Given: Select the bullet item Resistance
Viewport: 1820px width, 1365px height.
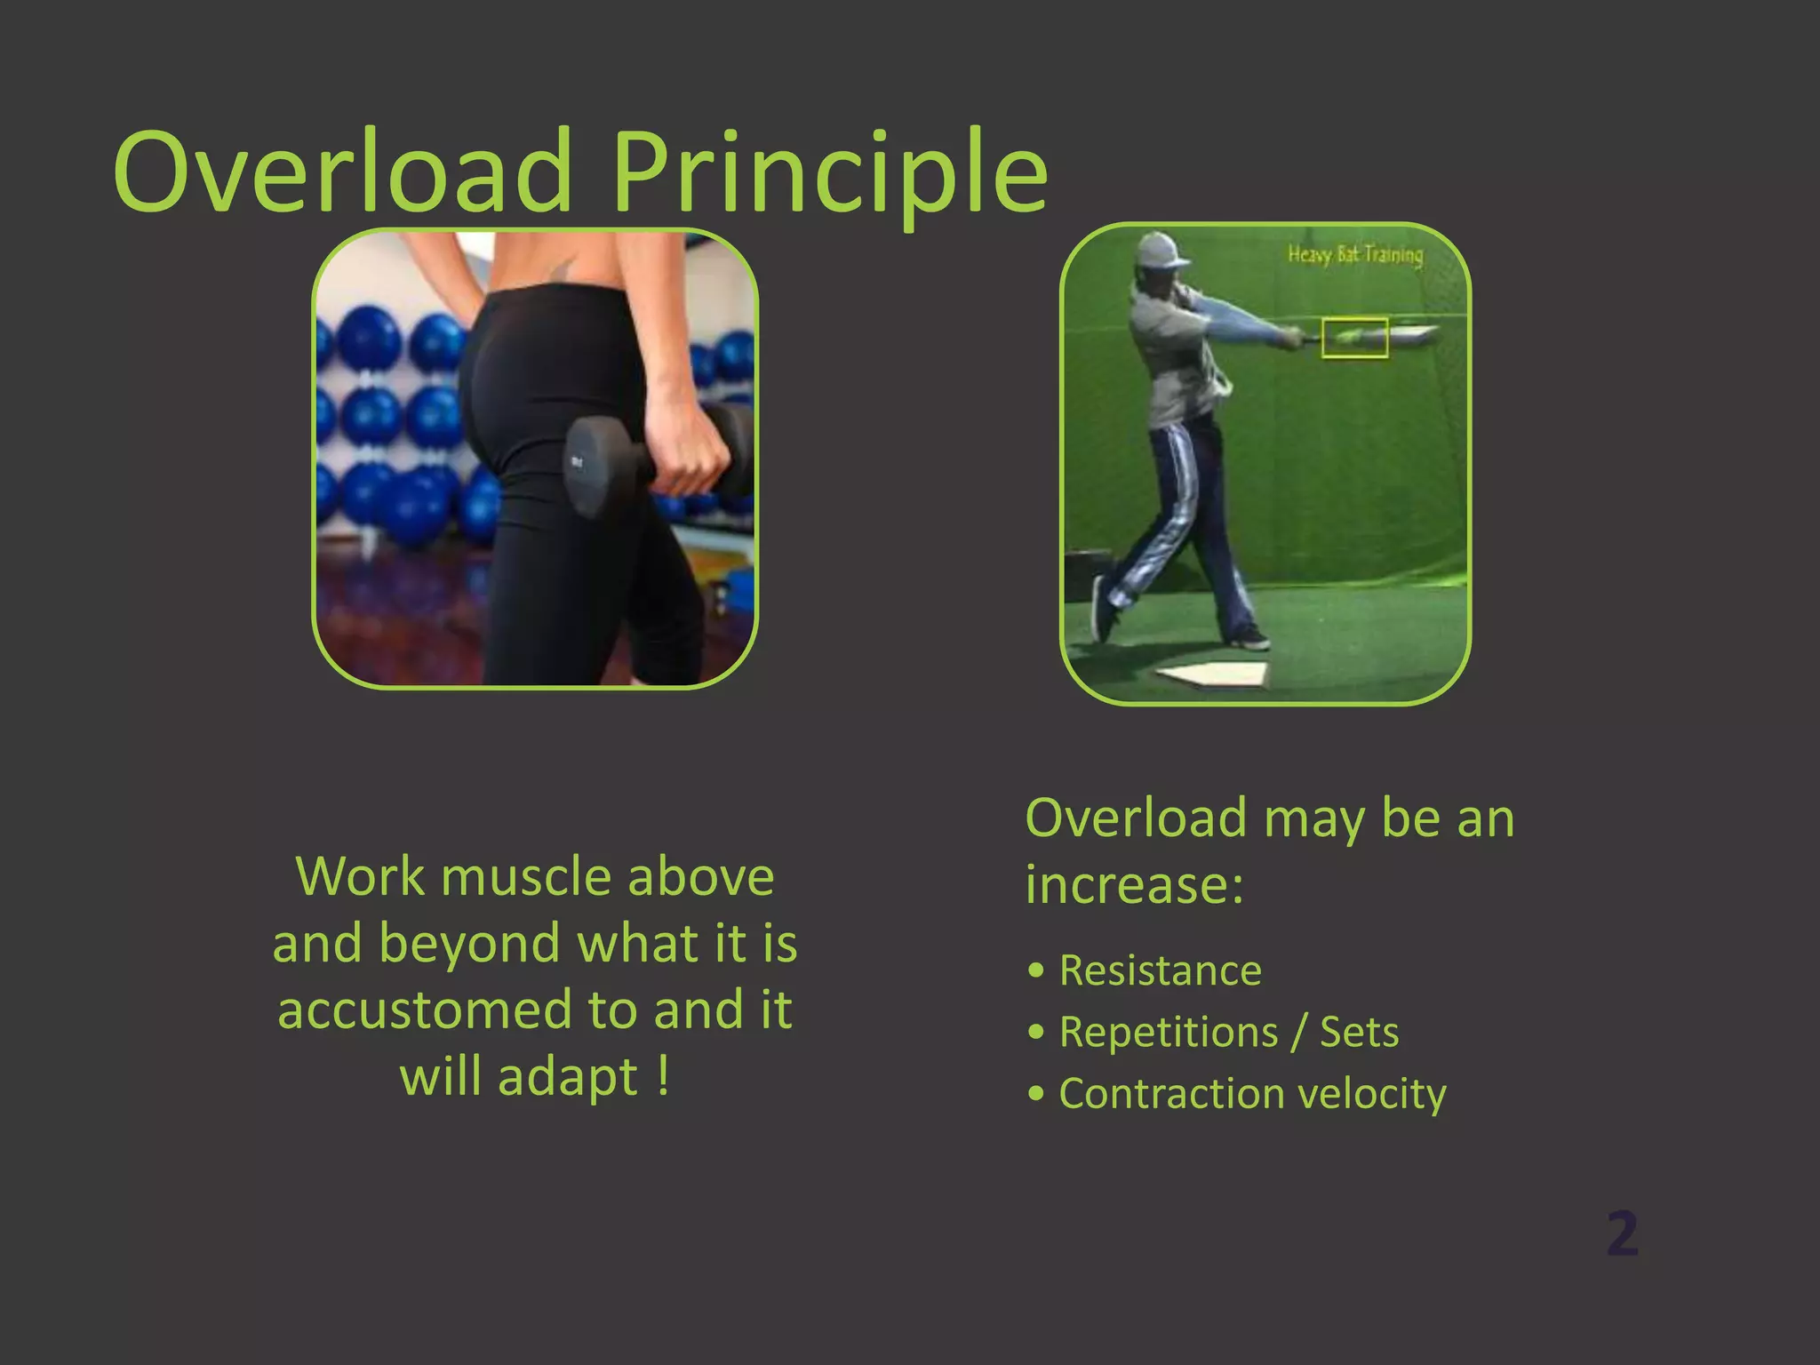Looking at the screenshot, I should pyautogui.click(x=1160, y=970).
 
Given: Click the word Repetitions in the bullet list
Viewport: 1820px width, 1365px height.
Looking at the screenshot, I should pyautogui.click(x=1169, y=1032).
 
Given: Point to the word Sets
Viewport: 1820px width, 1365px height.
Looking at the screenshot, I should pyautogui.click(x=1359, y=1032).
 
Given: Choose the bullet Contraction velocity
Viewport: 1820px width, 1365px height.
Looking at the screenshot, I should pyautogui.click(x=1252, y=1093).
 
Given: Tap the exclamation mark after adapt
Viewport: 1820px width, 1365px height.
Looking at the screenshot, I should pyautogui.click(x=663, y=1076).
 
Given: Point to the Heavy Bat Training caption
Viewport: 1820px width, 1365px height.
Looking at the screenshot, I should pyautogui.click(x=1354, y=255).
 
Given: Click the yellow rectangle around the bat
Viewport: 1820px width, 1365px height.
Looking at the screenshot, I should pyautogui.click(x=1354, y=338).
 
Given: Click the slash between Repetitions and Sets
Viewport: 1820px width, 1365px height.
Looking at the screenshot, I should pyautogui.click(x=1299, y=1032).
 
